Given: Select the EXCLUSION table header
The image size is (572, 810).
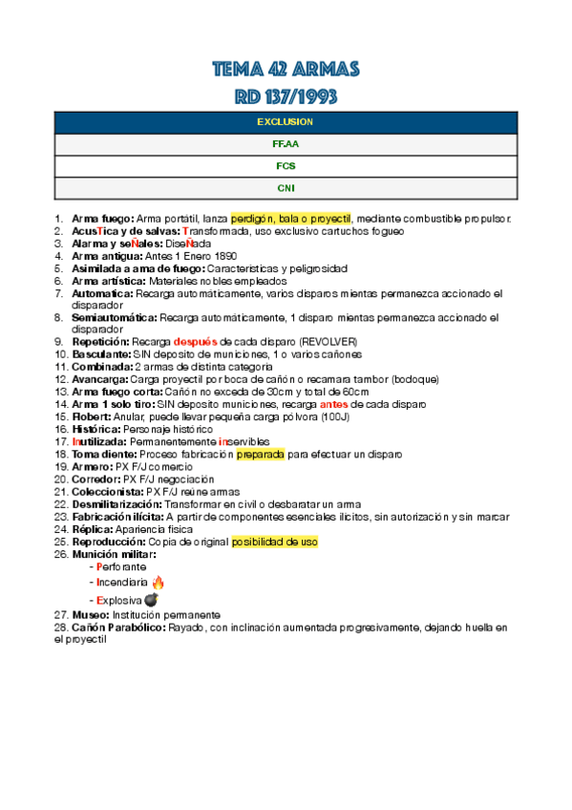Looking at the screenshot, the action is [x=286, y=122].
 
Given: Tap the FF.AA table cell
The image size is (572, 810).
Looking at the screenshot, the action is [x=286, y=144].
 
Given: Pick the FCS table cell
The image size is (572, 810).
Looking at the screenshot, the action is [x=286, y=166].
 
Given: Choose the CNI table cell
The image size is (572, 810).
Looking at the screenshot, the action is [x=286, y=188].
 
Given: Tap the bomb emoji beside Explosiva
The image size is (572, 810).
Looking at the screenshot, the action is [x=150, y=599].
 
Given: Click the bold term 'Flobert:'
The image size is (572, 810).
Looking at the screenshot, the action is [x=92, y=416].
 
